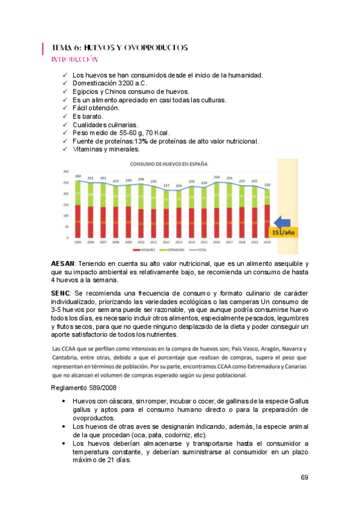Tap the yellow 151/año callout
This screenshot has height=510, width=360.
283,233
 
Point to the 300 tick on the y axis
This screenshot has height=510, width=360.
66,171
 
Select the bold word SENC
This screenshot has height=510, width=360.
61,291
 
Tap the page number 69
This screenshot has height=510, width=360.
304,478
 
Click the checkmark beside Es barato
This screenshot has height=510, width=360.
65,116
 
